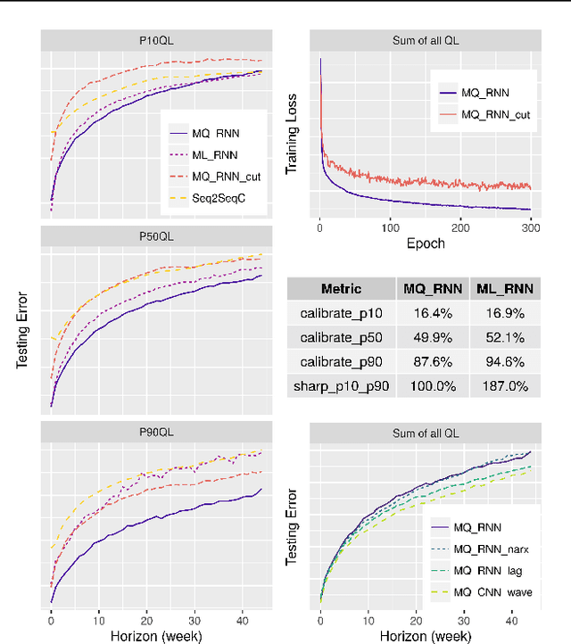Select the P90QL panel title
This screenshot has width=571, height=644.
point(156,431)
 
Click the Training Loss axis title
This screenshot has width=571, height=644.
point(292,137)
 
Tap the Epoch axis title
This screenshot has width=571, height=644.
point(425,243)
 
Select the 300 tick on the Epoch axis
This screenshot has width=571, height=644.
point(531,227)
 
